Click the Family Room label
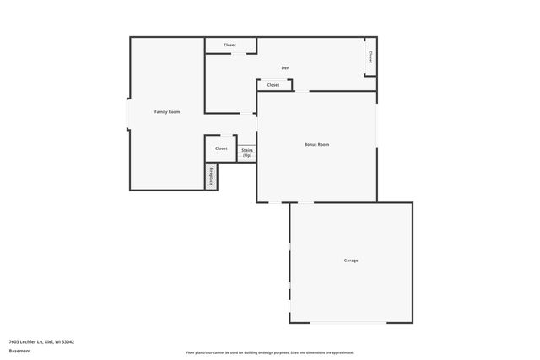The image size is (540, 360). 166,112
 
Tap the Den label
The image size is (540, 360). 285,67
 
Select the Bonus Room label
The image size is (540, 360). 316,144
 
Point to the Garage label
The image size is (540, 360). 350,261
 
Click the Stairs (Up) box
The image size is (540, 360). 247,153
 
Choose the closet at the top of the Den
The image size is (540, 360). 229,45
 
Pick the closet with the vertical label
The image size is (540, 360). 370,56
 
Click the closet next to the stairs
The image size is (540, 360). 220,148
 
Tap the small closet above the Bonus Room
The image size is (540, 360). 273,85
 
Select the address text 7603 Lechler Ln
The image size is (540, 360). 26,341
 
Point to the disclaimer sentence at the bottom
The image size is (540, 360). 270,352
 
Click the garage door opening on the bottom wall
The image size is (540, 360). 350,322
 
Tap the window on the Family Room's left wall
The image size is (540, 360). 128,113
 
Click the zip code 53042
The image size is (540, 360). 67,341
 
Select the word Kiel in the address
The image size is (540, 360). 48,341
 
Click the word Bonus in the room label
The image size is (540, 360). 310,144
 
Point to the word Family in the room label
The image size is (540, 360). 160,112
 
